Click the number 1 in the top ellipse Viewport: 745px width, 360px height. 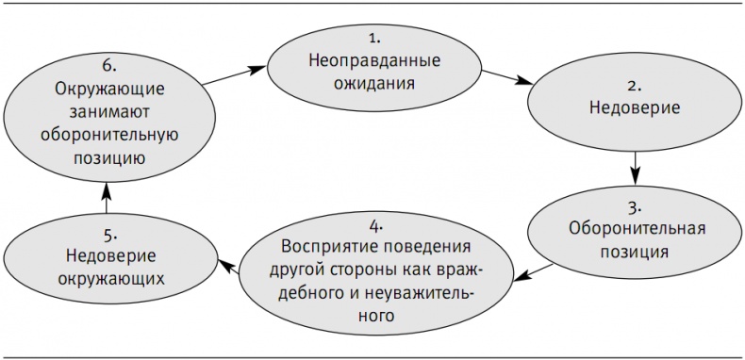pyautogui.click(x=374, y=38)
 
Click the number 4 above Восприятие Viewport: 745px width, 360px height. pyautogui.click(x=375, y=225)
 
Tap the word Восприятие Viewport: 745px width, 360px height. pyautogui.click(x=322, y=248)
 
